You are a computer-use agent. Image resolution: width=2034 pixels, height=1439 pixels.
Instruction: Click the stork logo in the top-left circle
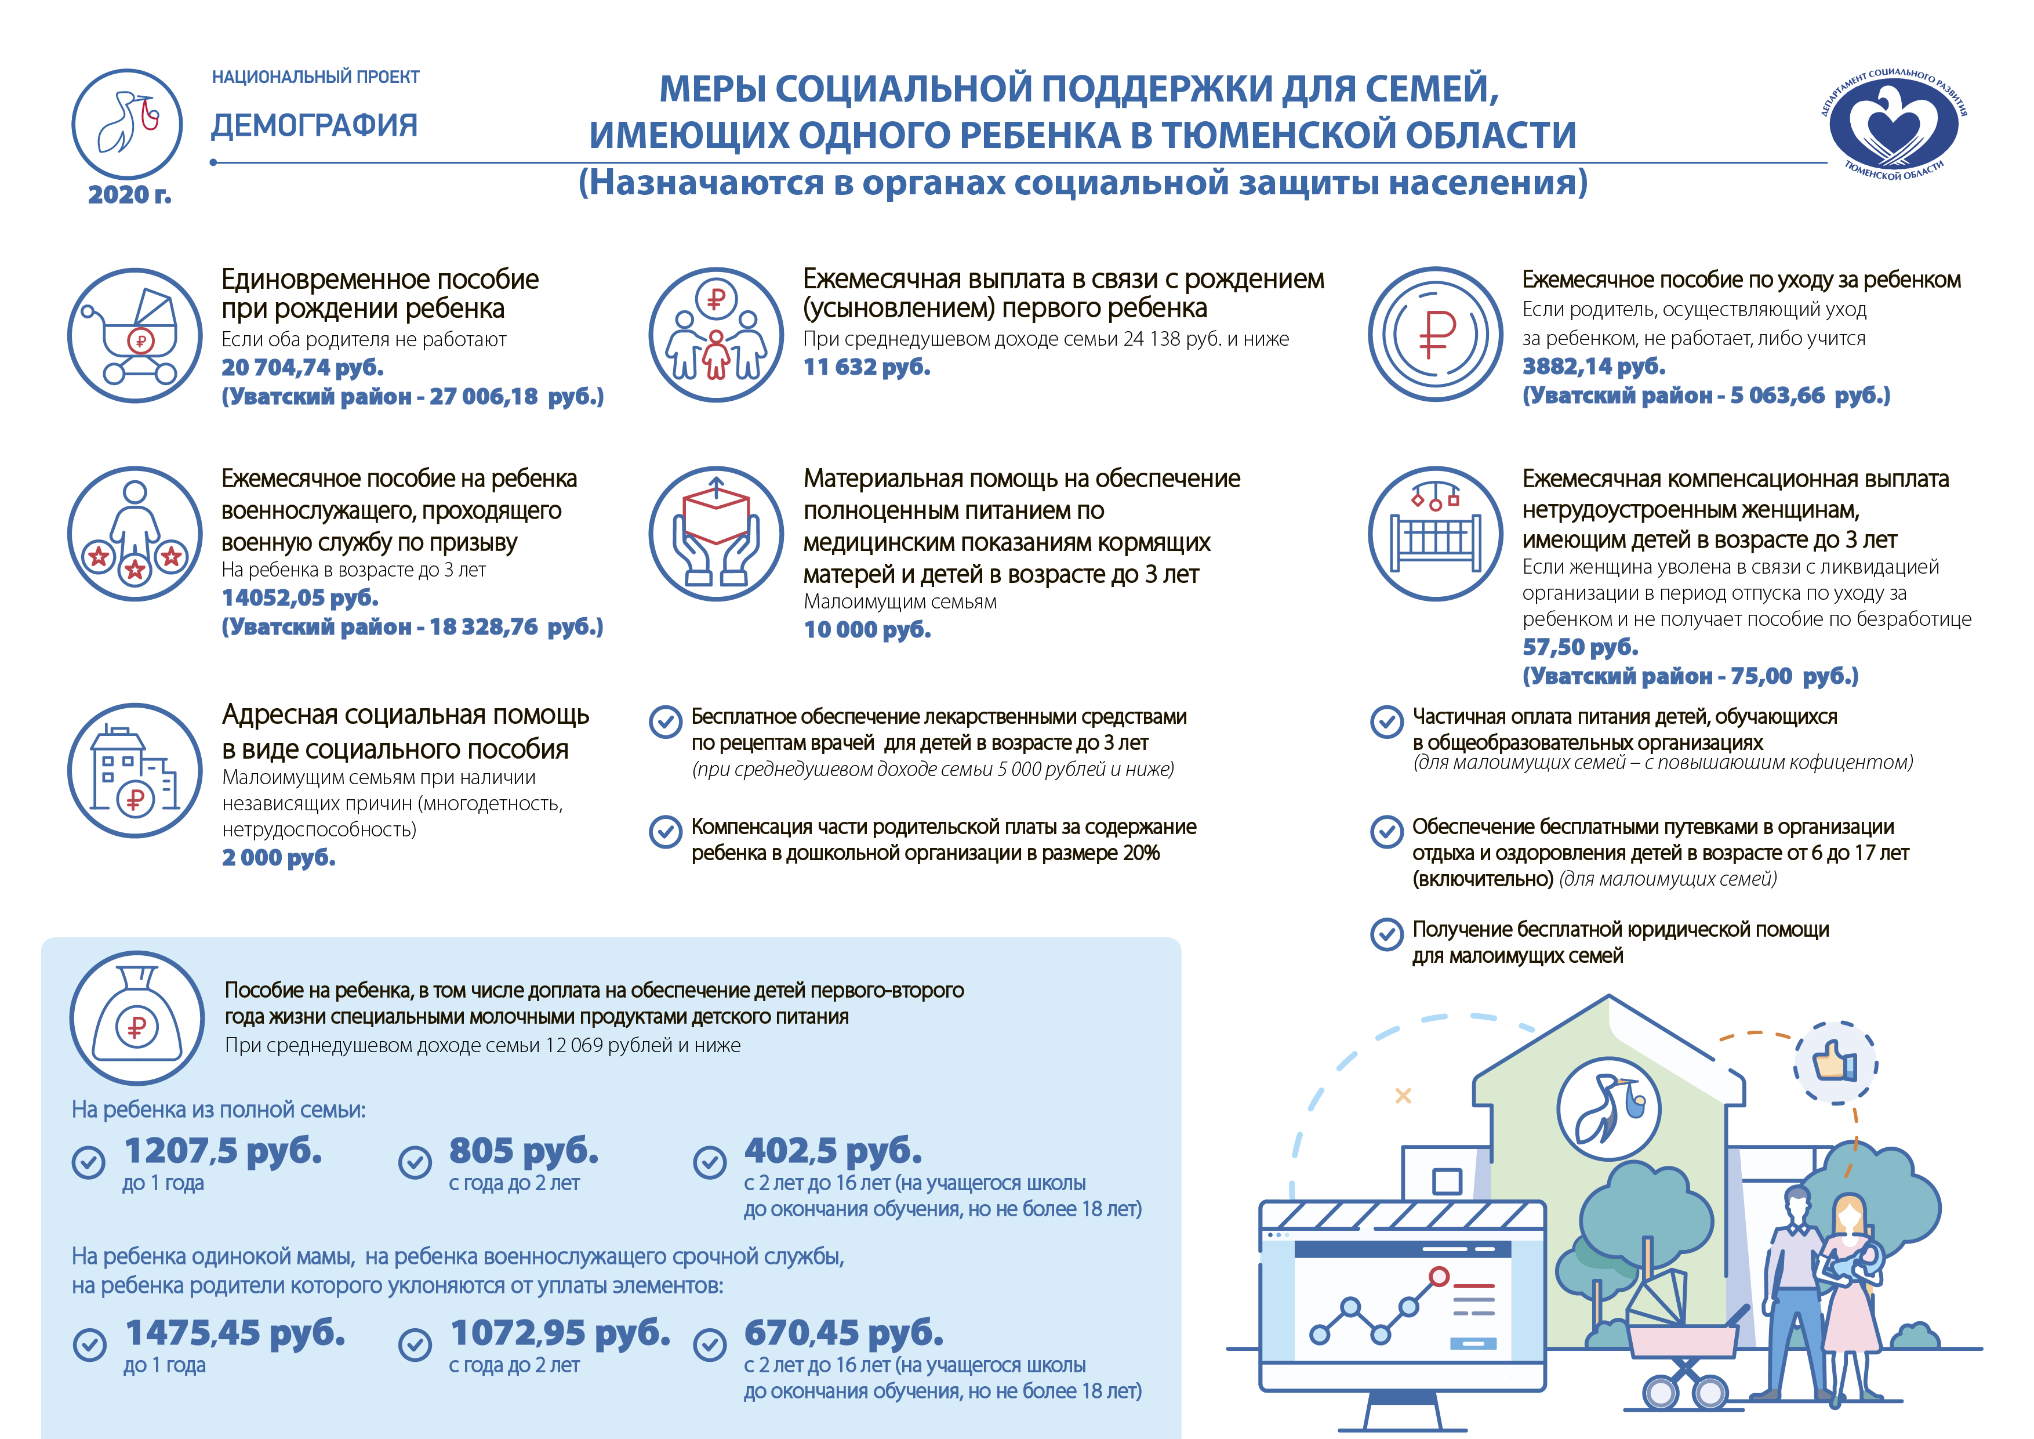128,124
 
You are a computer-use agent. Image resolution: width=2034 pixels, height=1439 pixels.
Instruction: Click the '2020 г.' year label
129,195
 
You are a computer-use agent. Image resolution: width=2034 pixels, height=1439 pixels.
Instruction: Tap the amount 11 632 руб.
866,367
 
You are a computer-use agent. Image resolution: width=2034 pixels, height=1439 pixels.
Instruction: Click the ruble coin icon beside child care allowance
1435,335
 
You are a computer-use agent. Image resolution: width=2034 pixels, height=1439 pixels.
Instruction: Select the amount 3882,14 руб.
1593,366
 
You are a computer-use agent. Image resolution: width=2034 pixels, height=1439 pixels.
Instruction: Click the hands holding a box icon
716,534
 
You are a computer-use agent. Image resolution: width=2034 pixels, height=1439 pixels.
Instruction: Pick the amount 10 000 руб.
866,630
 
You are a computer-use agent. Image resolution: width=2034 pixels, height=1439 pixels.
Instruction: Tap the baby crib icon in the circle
1435,534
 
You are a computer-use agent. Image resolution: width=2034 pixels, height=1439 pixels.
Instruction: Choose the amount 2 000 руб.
278,858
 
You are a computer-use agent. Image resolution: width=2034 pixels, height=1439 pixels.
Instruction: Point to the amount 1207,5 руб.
222,1151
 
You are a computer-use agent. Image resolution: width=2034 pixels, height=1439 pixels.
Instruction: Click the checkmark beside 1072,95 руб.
415,1344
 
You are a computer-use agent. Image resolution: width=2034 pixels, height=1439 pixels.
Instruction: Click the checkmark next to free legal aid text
1386,934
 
